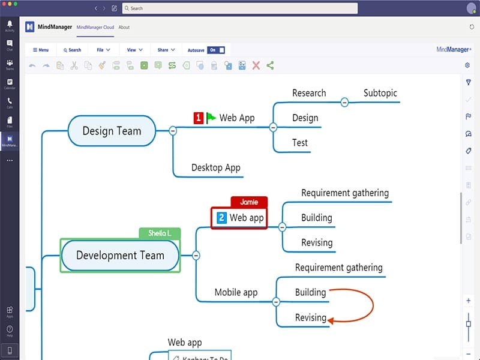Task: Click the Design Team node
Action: point(112,131)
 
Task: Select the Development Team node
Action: point(120,255)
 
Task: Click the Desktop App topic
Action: point(215,167)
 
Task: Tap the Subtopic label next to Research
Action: point(380,93)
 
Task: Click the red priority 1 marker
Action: point(199,118)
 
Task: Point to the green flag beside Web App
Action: point(211,118)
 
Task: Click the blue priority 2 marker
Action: point(221,218)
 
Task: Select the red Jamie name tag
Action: point(248,202)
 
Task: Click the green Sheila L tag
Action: point(159,233)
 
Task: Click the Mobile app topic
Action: point(236,292)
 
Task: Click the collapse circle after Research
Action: point(344,103)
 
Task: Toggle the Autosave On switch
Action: point(216,50)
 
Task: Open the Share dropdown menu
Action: point(166,50)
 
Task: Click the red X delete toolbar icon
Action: point(256,65)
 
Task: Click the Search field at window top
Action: point(240,8)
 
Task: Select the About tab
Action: point(124,27)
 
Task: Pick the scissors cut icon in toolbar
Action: point(74,65)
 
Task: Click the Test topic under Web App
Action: point(300,143)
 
